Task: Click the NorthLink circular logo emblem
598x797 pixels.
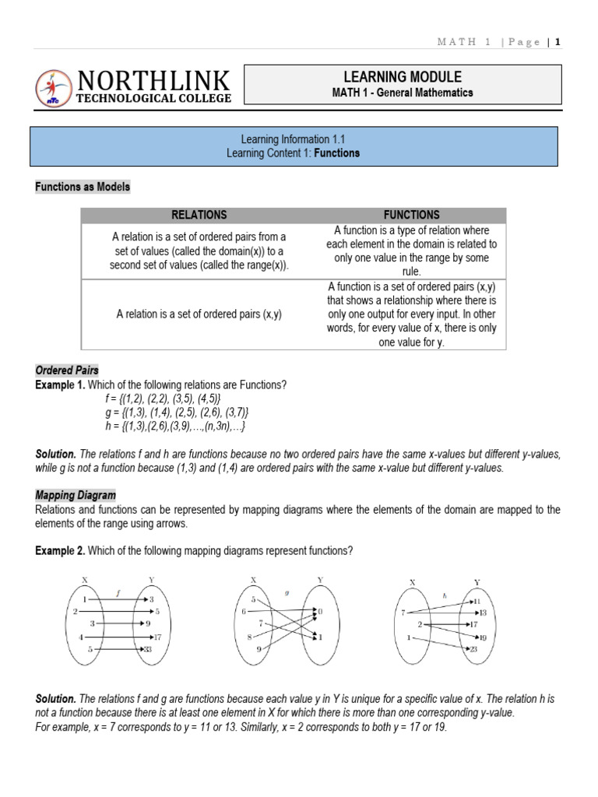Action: click(x=53, y=88)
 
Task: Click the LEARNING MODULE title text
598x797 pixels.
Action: click(x=403, y=76)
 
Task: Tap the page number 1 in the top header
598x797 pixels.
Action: click(x=558, y=42)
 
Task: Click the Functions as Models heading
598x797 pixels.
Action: click(x=83, y=187)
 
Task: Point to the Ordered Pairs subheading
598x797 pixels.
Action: click(x=67, y=370)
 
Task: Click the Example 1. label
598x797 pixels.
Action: click(x=60, y=384)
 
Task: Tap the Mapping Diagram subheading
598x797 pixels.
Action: click(x=76, y=495)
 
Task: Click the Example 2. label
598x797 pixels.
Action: click(x=60, y=551)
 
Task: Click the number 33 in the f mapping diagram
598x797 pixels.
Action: click(x=147, y=648)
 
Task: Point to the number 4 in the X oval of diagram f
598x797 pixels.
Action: click(x=80, y=637)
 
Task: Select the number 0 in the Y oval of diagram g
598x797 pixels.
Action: click(x=320, y=613)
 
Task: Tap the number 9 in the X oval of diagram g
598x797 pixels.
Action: click(x=259, y=648)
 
